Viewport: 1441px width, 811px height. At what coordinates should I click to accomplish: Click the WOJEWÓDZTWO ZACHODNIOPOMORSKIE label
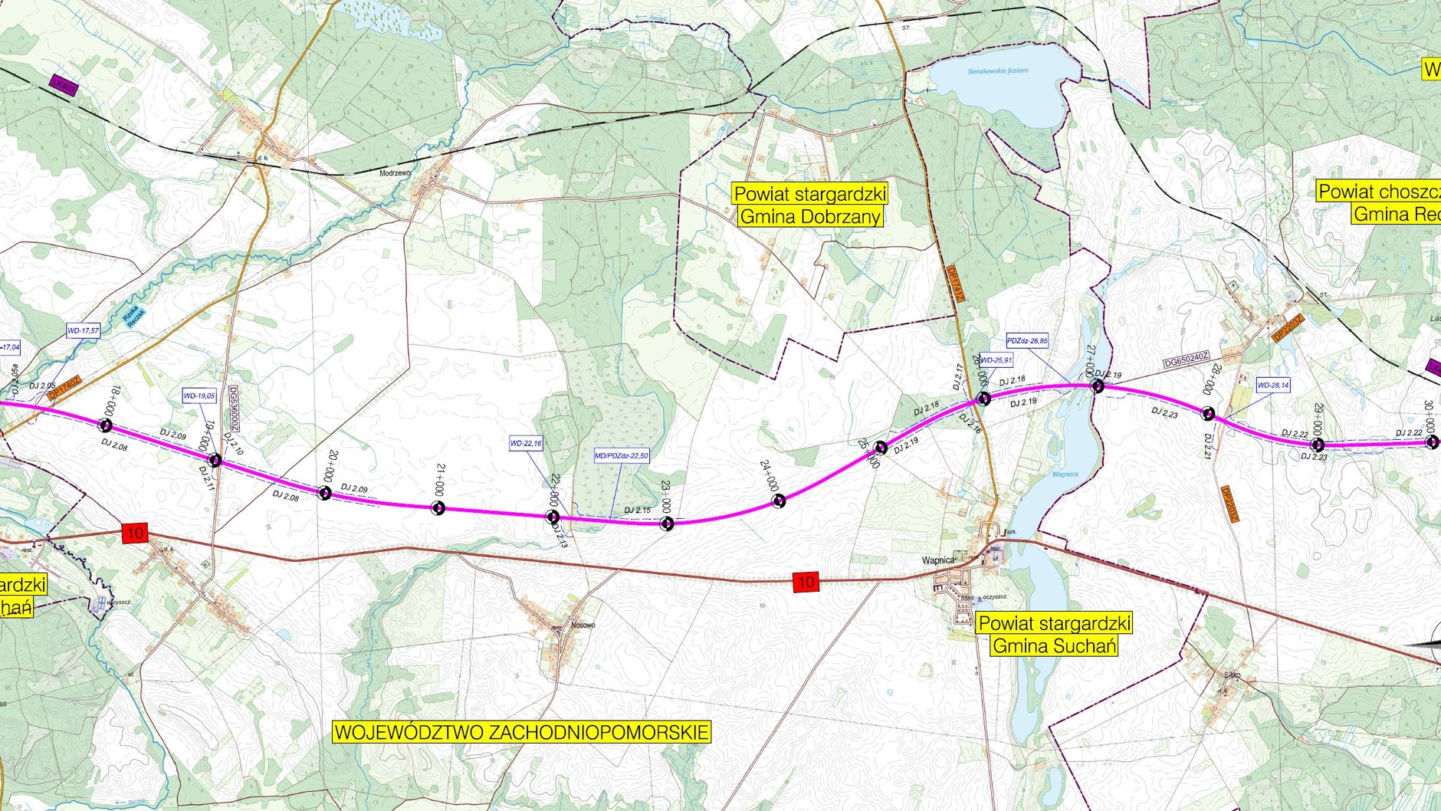click(x=522, y=731)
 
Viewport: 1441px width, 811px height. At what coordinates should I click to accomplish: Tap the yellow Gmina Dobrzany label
click(x=810, y=216)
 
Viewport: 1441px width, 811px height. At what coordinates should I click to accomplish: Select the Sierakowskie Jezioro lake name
click(x=998, y=71)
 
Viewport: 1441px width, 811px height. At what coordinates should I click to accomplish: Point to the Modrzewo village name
click(x=395, y=173)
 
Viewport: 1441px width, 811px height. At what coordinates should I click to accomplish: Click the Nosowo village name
click(x=583, y=625)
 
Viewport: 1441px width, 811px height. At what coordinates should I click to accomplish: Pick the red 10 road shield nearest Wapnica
click(x=806, y=582)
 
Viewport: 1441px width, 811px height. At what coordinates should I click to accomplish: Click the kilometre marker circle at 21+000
click(x=438, y=507)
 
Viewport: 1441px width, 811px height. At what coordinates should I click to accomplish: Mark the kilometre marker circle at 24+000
click(x=779, y=501)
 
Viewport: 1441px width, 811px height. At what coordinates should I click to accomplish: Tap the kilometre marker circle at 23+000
click(x=667, y=524)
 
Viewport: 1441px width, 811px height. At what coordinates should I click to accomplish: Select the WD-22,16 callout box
click(x=526, y=443)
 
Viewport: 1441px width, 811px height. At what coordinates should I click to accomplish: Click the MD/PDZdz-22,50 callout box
click(x=622, y=456)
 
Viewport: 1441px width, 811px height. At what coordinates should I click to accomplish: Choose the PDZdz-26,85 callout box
click(x=1027, y=340)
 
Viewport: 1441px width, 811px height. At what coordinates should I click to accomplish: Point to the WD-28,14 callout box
click(x=1273, y=385)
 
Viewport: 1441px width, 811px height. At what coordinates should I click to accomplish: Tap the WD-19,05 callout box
click(x=199, y=396)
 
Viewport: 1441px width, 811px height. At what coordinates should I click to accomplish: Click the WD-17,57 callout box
click(x=83, y=331)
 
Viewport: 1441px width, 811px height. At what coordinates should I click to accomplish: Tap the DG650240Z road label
click(x=1186, y=360)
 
